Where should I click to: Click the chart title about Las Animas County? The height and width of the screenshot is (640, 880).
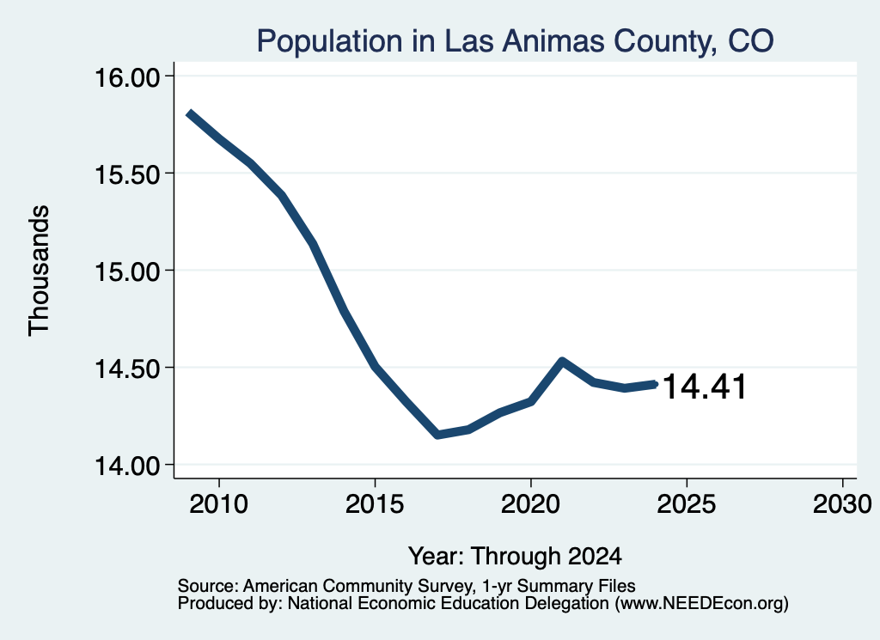[x=516, y=41]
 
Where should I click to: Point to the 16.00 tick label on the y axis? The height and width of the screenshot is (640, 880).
[x=127, y=77]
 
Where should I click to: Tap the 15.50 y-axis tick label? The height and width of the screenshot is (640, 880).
[x=127, y=174]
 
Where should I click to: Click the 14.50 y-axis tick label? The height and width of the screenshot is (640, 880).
[x=127, y=369]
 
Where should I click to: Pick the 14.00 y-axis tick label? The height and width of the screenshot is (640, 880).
[x=127, y=466]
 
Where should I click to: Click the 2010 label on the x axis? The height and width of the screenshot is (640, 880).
[x=219, y=503]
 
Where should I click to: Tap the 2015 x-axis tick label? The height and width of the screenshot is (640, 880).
[x=375, y=503]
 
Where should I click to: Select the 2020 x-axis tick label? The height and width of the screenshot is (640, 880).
[x=530, y=503]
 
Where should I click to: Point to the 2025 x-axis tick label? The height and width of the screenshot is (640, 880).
[x=687, y=503]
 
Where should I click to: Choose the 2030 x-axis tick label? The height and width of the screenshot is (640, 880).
[x=842, y=503]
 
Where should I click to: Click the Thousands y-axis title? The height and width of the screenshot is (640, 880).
[x=39, y=271]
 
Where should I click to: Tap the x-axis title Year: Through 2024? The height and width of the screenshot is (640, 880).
[x=516, y=557]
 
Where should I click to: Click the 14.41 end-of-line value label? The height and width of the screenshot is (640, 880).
[x=705, y=387]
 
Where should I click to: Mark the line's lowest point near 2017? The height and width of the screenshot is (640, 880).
[x=437, y=435]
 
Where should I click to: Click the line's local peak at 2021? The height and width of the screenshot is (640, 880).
[x=562, y=361]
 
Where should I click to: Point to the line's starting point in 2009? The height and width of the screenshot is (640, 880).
[x=190, y=113]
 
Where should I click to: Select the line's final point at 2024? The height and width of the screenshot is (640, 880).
[x=654, y=384]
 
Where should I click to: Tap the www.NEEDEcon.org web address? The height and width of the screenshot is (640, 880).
[x=701, y=604]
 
